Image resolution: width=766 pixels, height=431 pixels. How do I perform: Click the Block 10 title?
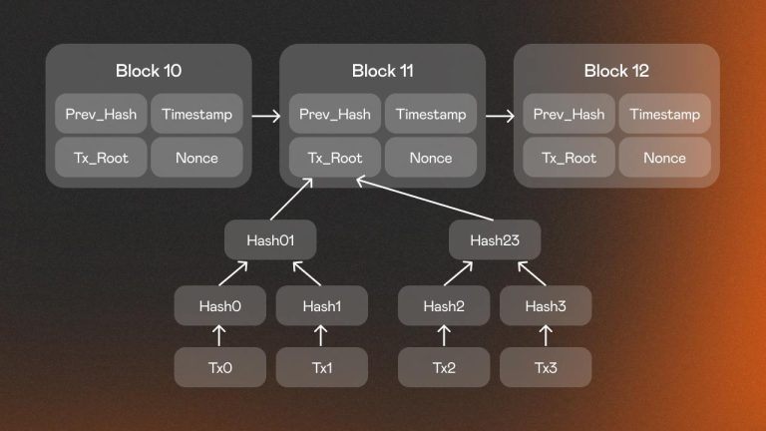point(149,71)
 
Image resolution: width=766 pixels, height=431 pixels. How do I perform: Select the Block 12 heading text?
point(616,71)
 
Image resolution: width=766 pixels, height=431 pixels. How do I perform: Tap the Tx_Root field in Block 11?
point(334,158)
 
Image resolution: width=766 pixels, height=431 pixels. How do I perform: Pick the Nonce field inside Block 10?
point(196,158)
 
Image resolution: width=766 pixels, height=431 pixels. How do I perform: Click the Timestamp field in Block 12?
point(664,115)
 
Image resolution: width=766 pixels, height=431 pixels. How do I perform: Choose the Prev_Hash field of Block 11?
point(334,115)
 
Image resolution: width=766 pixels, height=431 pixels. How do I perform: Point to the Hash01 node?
point(270,239)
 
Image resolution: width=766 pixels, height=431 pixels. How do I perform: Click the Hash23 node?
point(495,239)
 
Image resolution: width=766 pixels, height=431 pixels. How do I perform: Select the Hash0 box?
point(220,305)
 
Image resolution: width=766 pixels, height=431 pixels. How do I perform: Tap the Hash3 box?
point(546,305)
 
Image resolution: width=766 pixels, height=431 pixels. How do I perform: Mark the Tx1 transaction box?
point(321,368)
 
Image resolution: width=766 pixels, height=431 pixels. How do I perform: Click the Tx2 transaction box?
point(444,368)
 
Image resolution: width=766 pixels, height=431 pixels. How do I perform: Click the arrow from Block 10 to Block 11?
point(266,116)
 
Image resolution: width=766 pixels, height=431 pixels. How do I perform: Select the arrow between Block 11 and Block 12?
point(500,116)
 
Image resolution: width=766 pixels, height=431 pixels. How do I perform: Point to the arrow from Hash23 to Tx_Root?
point(424,201)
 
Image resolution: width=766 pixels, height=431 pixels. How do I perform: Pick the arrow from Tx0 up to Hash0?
point(220,336)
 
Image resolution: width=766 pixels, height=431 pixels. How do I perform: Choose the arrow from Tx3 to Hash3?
point(546,336)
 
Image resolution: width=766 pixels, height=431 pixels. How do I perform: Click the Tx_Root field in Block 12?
point(569,158)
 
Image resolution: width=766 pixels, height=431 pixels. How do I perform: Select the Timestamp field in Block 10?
point(196,115)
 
